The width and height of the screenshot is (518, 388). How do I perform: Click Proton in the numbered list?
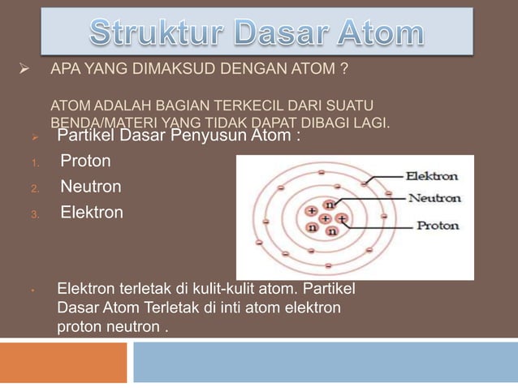point(85,161)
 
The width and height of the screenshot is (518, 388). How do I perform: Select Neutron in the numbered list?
point(91,187)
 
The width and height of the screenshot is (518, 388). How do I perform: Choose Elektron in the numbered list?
point(92,213)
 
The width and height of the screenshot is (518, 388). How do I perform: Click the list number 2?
point(35,188)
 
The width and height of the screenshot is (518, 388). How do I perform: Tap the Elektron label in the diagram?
point(431,175)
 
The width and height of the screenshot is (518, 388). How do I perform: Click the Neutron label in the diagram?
point(434,197)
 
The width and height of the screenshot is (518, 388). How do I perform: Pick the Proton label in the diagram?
point(438,226)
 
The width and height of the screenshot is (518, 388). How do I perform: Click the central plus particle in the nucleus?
point(325,219)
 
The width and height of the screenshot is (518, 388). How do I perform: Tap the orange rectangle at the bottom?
point(63,362)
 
